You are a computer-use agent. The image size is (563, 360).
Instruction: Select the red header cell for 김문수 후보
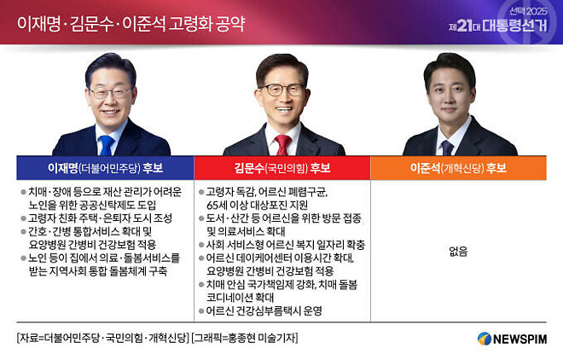click(x=281, y=168)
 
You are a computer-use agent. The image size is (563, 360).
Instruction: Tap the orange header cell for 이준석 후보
click(x=458, y=168)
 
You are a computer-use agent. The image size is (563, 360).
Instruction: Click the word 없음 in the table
click(x=458, y=251)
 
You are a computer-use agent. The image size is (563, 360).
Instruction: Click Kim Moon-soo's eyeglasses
click(x=281, y=88)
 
